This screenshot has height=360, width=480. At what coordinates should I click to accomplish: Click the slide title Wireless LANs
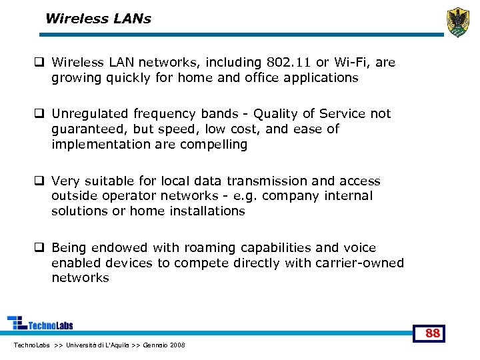(x=98, y=19)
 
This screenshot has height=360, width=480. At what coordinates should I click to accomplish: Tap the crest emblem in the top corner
(x=458, y=22)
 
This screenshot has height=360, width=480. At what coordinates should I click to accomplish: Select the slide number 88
(x=433, y=333)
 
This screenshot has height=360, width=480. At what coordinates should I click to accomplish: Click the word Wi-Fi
(x=351, y=63)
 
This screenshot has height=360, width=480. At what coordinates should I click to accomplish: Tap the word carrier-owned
(x=357, y=263)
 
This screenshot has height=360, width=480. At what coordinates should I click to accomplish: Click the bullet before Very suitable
(x=39, y=181)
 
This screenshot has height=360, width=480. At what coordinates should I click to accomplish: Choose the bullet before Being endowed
(x=39, y=248)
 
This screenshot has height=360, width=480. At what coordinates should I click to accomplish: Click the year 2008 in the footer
(x=178, y=345)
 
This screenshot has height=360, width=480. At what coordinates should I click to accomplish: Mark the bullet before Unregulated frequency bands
(x=39, y=114)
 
